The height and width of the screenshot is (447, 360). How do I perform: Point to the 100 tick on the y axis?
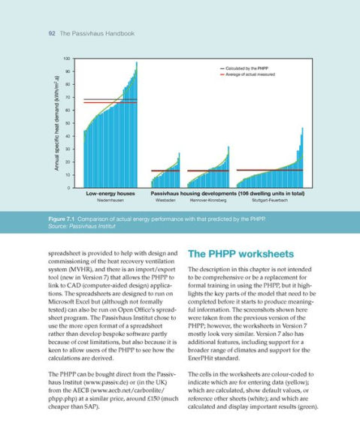pos(67,59)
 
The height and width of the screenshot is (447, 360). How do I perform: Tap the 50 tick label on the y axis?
pos(68,123)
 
